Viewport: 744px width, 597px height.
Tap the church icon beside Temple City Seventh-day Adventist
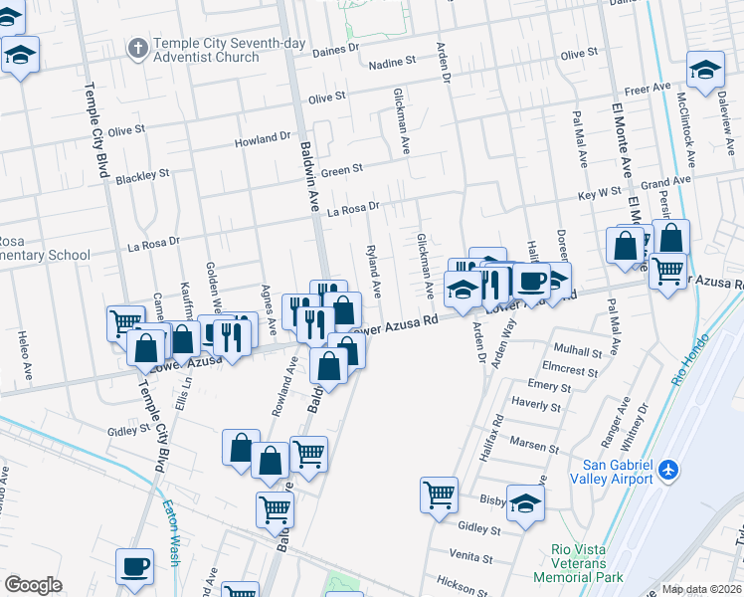(x=137, y=46)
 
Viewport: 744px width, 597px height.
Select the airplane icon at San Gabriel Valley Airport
(x=668, y=468)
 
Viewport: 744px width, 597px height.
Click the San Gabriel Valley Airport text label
(x=605, y=473)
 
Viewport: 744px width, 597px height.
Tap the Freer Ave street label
(x=649, y=89)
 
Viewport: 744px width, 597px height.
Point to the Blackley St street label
(x=142, y=176)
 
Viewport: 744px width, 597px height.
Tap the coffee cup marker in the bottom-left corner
(x=134, y=567)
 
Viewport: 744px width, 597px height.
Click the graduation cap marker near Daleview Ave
(x=705, y=71)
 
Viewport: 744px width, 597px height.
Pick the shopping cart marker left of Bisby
(x=439, y=494)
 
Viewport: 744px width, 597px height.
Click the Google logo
(x=33, y=585)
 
